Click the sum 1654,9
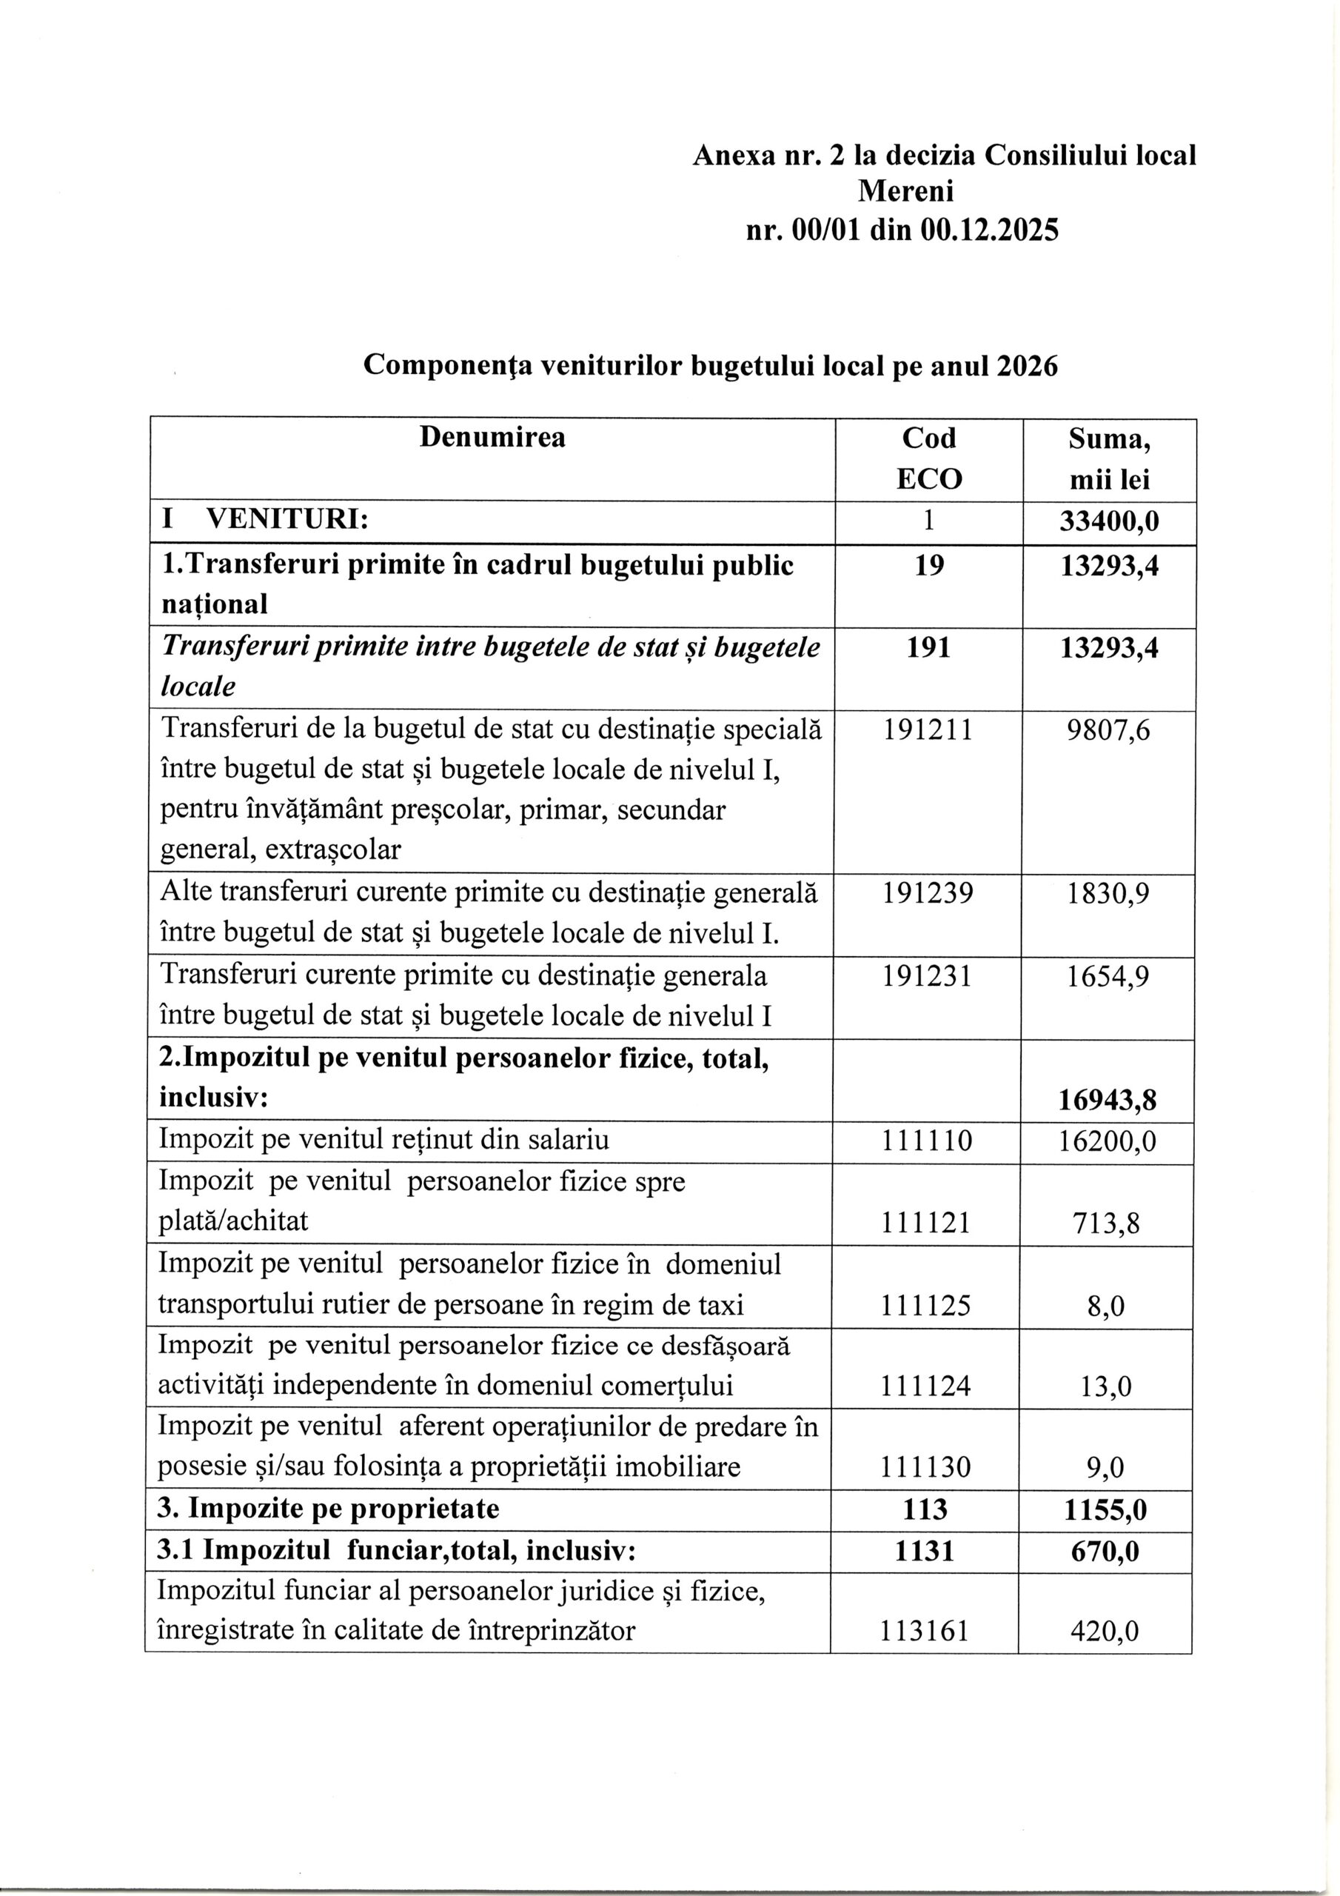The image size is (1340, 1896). click(x=1108, y=977)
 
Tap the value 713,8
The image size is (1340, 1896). click(x=1109, y=1223)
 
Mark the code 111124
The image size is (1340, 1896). click(x=927, y=1386)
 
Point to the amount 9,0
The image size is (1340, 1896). click(x=1109, y=1467)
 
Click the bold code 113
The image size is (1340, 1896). click(x=925, y=1509)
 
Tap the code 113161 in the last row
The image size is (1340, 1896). click(x=923, y=1631)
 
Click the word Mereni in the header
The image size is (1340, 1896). click(x=905, y=192)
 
